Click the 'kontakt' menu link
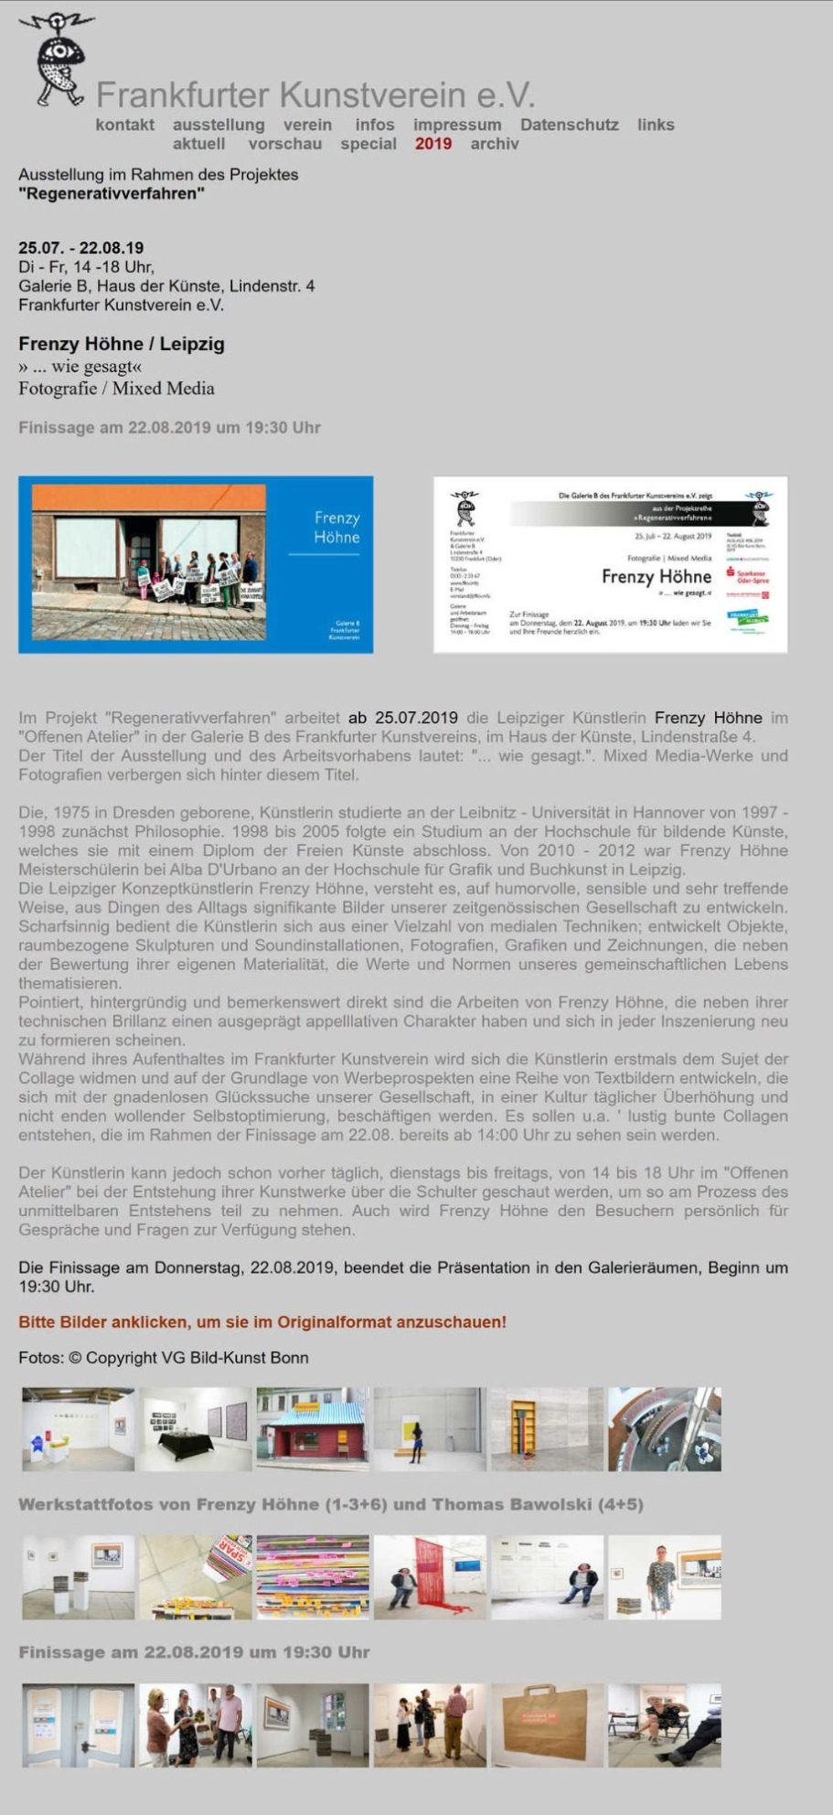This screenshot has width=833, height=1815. (124, 124)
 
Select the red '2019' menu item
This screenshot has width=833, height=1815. (433, 144)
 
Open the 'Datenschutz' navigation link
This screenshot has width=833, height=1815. (569, 124)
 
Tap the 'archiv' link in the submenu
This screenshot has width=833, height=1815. (494, 144)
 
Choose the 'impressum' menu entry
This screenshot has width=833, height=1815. (456, 124)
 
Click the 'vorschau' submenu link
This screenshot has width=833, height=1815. (284, 144)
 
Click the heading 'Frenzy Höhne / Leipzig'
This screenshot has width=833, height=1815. (121, 344)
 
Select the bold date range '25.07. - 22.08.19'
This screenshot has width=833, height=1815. (80, 248)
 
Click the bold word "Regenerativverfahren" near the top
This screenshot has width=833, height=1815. (111, 194)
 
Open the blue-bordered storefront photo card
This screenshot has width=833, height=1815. (195, 564)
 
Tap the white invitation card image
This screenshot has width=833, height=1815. (610, 564)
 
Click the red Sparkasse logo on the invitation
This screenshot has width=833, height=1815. (747, 574)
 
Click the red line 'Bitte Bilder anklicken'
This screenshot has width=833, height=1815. (262, 1322)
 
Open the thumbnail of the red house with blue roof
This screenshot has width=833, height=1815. (313, 1429)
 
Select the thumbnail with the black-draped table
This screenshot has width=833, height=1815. (196, 1429)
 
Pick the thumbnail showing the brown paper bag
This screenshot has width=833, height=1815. (547, 1725)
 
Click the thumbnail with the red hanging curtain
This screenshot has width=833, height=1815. (430, 1577)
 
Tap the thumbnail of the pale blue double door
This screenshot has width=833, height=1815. (79, 1725)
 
